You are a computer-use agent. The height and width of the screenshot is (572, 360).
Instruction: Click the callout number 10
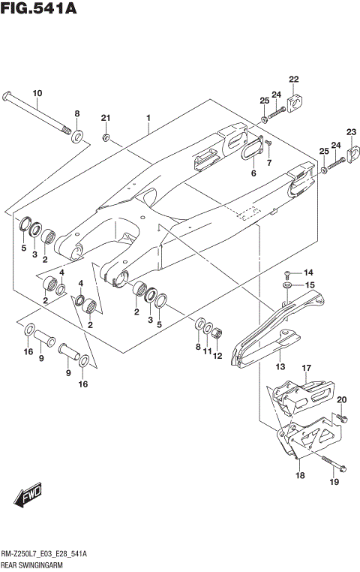click(x=37, y=92)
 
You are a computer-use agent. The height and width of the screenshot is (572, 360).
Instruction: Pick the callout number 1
click(x=148, y=118)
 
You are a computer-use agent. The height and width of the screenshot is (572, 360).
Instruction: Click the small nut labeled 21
click(x=106, y=137)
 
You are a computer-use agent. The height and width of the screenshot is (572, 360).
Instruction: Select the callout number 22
click(x=293, y=79)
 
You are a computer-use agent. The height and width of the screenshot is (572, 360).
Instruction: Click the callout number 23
click(x=351, y=132)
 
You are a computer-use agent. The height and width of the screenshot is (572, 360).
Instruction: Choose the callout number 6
click(x=253, y=173)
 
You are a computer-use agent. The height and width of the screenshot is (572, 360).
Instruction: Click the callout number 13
click(x=280, y=367)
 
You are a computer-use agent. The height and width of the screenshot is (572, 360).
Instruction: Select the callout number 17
click(x=306, y=367)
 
